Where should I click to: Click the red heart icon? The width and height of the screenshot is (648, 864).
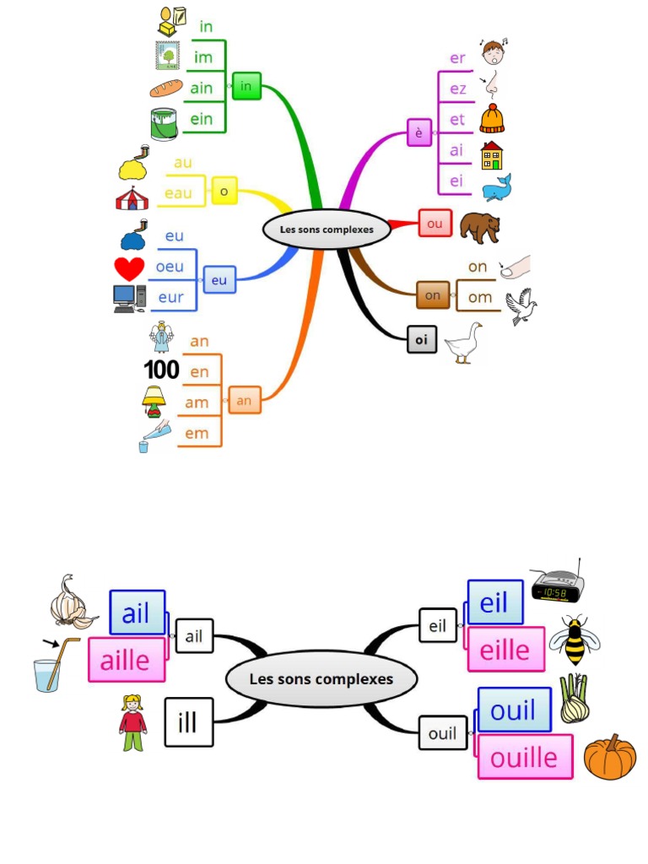(x=129, y=268)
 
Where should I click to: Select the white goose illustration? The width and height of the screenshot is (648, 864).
(x=463, y=343)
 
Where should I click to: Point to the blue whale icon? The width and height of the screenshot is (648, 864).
(x=496, y=187)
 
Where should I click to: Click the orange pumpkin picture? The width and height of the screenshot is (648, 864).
(x=609, y=757)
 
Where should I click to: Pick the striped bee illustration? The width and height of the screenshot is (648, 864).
(x=574, y=640)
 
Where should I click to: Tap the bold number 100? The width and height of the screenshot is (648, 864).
(x=161, y=370)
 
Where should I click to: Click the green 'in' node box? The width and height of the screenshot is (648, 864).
(x=246, y=86)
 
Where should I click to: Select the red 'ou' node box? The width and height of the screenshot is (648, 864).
(x=435, y=224)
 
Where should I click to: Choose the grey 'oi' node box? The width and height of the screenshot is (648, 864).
(x=422, y=340)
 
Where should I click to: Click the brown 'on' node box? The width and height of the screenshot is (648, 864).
(x=433, y=295)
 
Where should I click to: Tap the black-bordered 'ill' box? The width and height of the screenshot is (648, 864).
(x=189, y=722)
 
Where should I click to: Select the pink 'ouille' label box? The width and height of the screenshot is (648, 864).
(x=524, y=757)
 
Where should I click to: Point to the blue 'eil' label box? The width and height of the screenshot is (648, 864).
(x=494, y=603)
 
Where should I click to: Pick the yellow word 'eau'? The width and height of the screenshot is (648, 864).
(x=178, y=193)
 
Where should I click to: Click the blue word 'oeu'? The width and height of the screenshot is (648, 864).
(x=170, y=267)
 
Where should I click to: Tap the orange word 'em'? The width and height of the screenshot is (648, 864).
(x=197, y=434)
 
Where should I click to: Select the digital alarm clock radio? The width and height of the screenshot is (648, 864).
(x=557, y=583)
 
